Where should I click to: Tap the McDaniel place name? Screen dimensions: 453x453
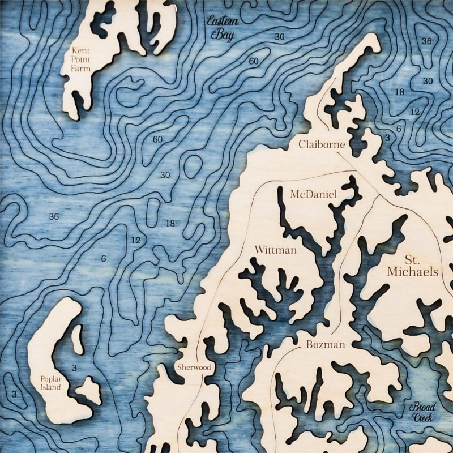pos(313,195)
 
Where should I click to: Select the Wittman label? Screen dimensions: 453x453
pos(275,250)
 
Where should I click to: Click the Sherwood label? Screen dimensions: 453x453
pos(193,367)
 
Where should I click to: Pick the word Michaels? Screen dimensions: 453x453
pos(412,272)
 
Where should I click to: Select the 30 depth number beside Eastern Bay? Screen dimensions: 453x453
pos(279,37)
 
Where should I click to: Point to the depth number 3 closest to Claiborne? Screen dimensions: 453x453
pos(387,138)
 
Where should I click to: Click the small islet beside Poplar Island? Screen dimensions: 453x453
pos(89,390)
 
